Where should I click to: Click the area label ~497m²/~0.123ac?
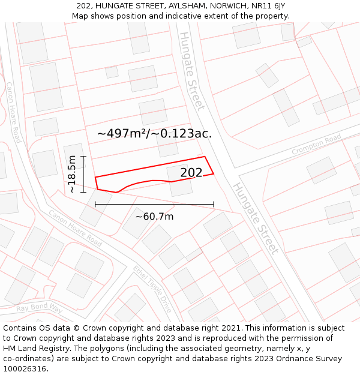pos(154,133)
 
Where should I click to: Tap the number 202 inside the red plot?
pos(191,173)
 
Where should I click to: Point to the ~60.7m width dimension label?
pos(154,217)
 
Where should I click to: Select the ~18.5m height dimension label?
pos(72,174)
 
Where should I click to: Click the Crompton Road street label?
pos(316,145)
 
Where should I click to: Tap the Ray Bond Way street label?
pos(39,309)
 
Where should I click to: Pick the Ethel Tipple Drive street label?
pos(153,289)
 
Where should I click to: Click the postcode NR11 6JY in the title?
pos(266,5)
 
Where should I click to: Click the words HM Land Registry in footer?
pos(36,349)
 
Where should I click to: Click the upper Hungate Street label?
pos(191,71)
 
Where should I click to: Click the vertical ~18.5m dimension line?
pos(83,174)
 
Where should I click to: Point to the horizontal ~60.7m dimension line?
pos(154,205)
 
